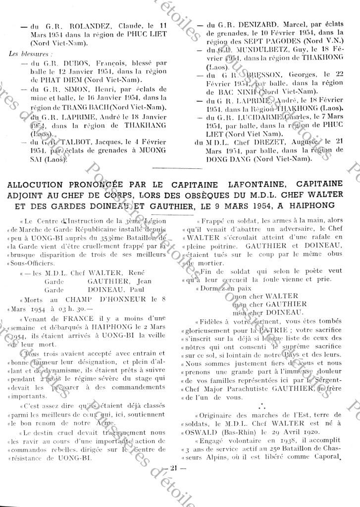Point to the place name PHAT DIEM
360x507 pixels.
click(50, 79)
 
